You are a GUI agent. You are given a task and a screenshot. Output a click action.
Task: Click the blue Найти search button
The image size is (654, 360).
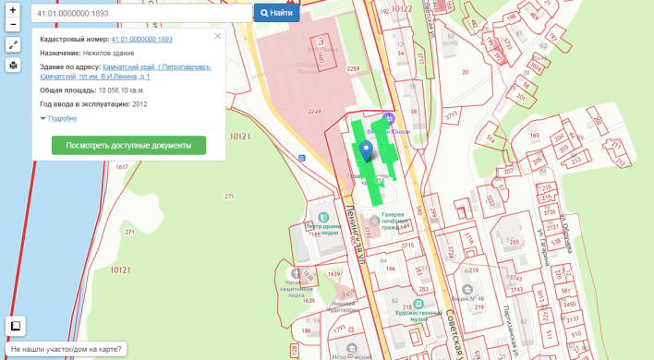(x=276, y=13)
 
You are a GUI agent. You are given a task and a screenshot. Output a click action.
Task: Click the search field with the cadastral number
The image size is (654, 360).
(x=140, y=13)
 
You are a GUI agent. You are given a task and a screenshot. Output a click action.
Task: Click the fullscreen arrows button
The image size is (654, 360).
(x=13, y=44)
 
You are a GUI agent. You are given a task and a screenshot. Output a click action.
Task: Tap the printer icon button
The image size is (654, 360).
(x=13, y=65)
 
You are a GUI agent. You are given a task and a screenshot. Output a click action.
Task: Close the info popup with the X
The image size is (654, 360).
(x=217, y=36)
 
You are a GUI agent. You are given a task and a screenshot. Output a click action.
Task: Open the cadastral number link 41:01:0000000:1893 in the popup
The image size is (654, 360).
(x=141, y=40)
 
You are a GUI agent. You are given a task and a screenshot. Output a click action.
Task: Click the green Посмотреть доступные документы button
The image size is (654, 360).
(x=128, y=145)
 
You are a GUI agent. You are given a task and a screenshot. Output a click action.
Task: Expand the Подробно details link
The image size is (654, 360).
(x=61, y=118)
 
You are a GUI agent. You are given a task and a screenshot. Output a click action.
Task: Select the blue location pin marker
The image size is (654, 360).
(x=366, y=151)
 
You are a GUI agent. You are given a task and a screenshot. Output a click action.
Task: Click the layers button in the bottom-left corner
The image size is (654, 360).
(x=16, y=325)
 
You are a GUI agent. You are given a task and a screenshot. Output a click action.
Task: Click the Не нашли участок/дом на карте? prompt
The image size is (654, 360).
(x=66, y=349)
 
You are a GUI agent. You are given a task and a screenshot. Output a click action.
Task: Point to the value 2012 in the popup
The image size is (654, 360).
(x=139, y=104)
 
